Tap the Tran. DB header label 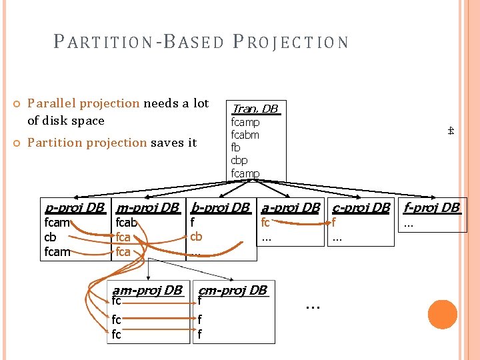tap(254, 109)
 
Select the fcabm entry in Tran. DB tap(245, 135)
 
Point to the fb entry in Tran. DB tap(235, 147)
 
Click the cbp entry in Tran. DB tap(239, 160)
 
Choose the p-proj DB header tap(74, 207)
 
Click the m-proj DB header tap(147, 207)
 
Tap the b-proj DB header tap(220, 207)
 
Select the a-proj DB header tap(291, 207)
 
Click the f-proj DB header tap(432, 207)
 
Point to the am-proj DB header tap(147, 290)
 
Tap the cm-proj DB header tap(233, 290)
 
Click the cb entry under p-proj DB tap(50, 237)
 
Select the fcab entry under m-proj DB tap(126, 223)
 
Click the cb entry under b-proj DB tap(196, 237)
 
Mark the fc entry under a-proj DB tap(265, 223)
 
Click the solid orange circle tap(443, 315)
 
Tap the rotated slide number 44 tap(451, 131)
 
